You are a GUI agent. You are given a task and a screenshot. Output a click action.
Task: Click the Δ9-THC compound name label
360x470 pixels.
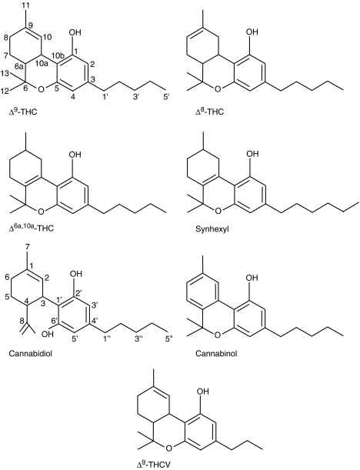tap(23, 112)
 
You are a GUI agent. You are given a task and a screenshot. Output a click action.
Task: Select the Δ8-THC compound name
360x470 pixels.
tap(209, 112)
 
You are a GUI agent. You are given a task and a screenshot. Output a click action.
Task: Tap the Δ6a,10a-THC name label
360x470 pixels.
tap(32, 228)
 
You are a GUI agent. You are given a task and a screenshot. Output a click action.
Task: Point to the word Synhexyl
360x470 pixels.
tap(210, 229)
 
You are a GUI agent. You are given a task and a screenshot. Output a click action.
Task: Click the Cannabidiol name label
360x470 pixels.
tap(31, 353)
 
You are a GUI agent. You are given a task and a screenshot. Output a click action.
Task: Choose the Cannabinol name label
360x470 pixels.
tap(216, 353)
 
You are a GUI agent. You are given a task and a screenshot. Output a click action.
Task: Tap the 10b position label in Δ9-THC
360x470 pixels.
tap(57, 55)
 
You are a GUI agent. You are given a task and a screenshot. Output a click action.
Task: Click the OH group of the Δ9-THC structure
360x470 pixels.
tap(75, 32)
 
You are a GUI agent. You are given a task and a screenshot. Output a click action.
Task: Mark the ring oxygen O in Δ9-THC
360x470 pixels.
tap(42, 89)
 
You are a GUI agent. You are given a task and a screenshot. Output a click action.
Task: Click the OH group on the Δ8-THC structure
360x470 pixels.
tap(252, 32)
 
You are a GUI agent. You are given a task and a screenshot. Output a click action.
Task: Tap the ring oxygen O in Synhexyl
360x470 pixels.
tap(218, 211)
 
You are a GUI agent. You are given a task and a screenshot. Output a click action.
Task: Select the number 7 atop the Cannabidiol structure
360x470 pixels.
tap(27, 248)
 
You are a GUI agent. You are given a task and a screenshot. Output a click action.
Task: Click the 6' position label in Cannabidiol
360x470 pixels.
tap(55, 321)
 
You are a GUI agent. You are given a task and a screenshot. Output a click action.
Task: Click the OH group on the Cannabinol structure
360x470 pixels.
tap(252, 278)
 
